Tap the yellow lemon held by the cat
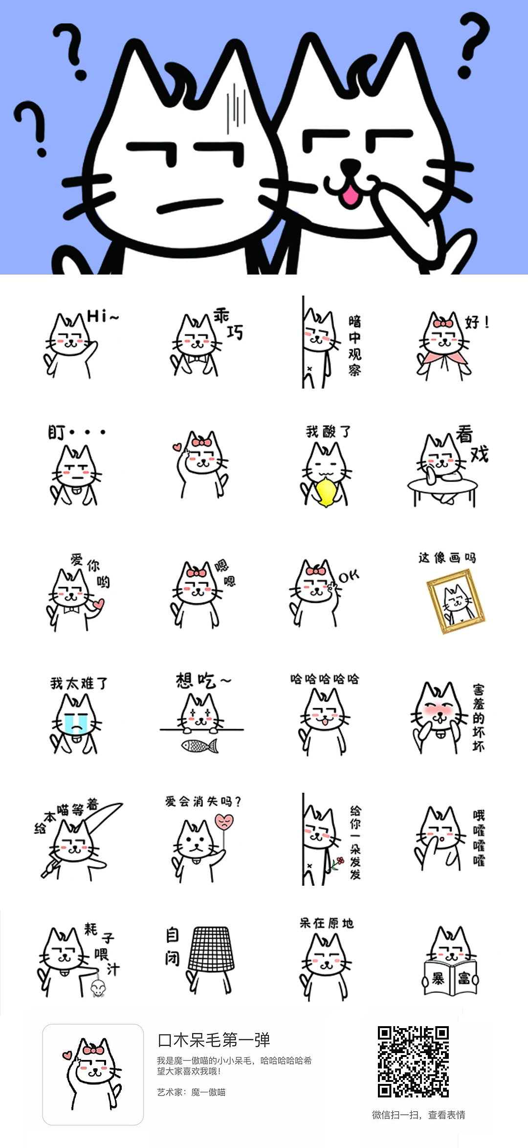point(326,492)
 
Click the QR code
point(413,1061)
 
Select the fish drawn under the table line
point(199,746)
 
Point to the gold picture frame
point(456,601)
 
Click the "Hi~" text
point(102,316)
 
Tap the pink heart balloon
point(224,821)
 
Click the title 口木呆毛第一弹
point(214,1039)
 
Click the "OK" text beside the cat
point(349,576)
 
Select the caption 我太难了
point(79,683)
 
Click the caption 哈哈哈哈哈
point(324,679)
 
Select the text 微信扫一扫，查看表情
point(418,1115)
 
